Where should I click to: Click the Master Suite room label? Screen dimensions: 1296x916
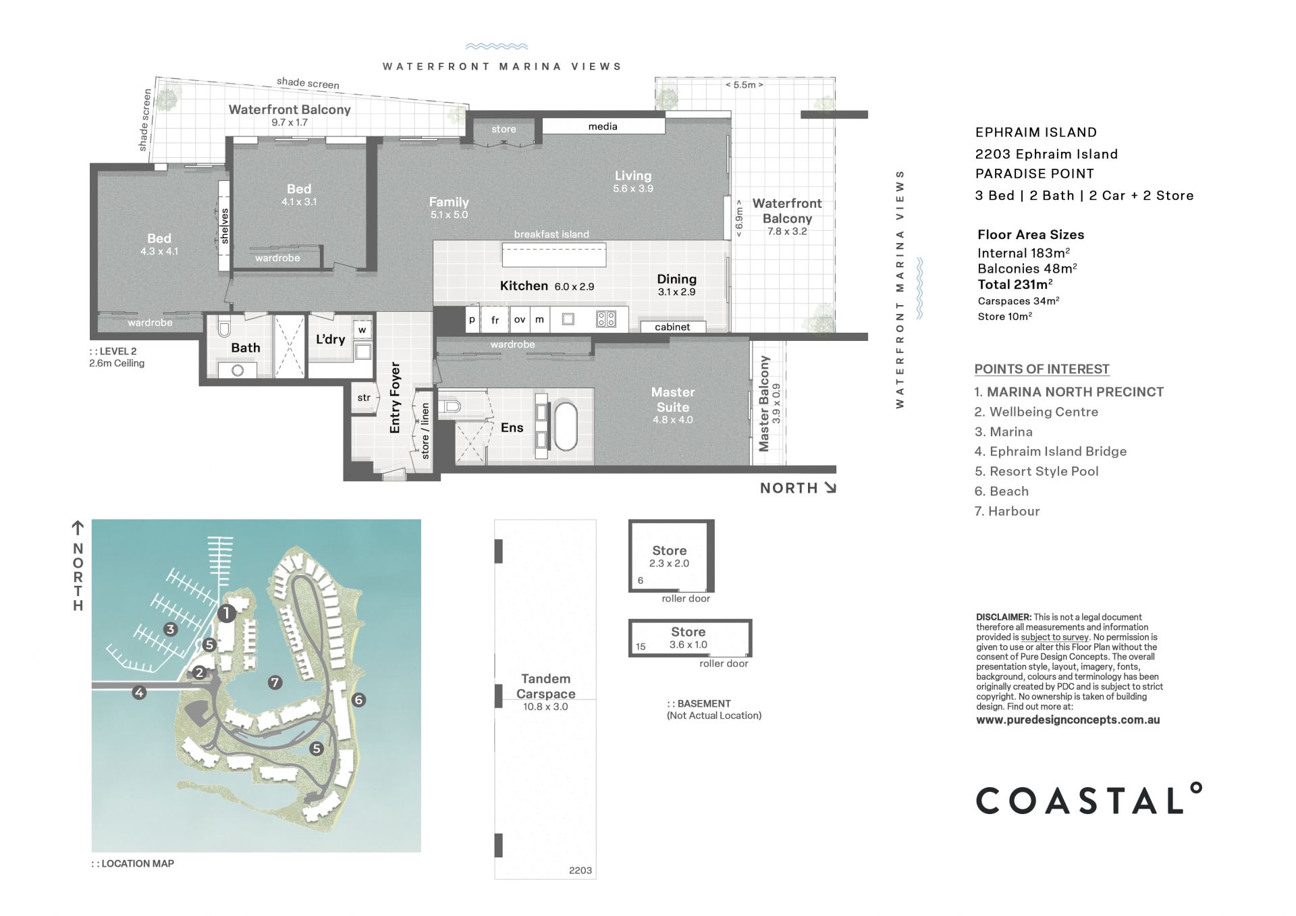(x=673, y=400)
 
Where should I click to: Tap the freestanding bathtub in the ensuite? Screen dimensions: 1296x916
(x=566, y=426)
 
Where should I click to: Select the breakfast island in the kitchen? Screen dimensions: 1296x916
(x=554, y=254)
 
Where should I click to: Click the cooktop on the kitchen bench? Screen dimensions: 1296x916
(x=606, y=319)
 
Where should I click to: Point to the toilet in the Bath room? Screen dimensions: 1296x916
(x=224, y=328)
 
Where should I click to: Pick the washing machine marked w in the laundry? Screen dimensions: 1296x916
(x=362, y=330)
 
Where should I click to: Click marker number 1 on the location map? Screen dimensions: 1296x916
(x=226, y=614)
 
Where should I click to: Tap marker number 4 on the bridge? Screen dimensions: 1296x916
(x=139, y=692)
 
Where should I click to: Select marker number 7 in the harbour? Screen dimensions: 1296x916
(x=275, y=682)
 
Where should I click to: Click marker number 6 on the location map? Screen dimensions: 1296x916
(x=358, y=700)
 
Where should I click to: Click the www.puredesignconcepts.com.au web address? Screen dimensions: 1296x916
(x=1068, y=720)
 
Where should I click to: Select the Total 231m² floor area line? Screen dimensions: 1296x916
(x=1015, y=284)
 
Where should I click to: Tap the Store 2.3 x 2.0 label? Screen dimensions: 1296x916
(x=670, y=556)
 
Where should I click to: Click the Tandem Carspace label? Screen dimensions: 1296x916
(x=545, y=686)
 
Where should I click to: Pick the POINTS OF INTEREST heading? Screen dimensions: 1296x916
(x=1042, y=369)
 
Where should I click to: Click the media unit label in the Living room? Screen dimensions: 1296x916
(x=603, y=126)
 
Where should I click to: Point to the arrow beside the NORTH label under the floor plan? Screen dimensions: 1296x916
(x=830, y=488)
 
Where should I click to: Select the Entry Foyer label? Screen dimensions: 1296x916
(x=395, y=398)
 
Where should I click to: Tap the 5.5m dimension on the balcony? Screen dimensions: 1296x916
(x=745, y=85)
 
